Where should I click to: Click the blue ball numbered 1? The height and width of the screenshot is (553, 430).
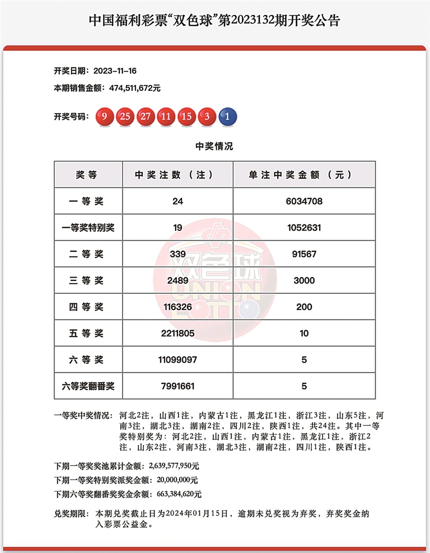(x=227, y=117)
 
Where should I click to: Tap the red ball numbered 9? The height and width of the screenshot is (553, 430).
(x=105, y=117)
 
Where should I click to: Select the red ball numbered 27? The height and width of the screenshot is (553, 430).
(x=146, y=117)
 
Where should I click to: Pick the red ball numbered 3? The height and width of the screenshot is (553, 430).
(x=207, y=117)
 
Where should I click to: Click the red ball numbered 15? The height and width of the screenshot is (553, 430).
(x=186, y=117)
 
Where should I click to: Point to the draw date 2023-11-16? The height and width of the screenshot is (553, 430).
(x=116, y=71)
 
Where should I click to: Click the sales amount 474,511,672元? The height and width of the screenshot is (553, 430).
(x=128, y=88)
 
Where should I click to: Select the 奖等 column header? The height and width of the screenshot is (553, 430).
(x=87, y=175)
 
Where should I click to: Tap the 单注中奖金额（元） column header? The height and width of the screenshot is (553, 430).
(x=303, y=175)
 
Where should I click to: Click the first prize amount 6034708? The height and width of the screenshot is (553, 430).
(x=304, y=201)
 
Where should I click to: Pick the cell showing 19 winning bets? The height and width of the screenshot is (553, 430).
(x=177, y=228)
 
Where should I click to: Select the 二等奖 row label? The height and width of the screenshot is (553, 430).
(x=87, y=254)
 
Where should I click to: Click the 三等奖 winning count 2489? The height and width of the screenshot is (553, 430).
(x=177, y=280)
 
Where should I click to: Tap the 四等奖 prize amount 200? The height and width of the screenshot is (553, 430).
(x=304, y=307)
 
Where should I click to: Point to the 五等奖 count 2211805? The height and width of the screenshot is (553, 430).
(x=177, y=334)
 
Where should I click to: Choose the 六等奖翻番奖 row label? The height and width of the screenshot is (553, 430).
(x=87, y=386)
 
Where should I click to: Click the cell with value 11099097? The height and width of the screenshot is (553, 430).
(x=177, y=360)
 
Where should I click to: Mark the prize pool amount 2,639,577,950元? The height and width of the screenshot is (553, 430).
(x=174, y=465)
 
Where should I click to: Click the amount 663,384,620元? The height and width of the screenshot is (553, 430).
(x=176, y=494)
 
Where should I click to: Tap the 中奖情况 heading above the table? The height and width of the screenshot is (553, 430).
(x=214, y=147)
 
